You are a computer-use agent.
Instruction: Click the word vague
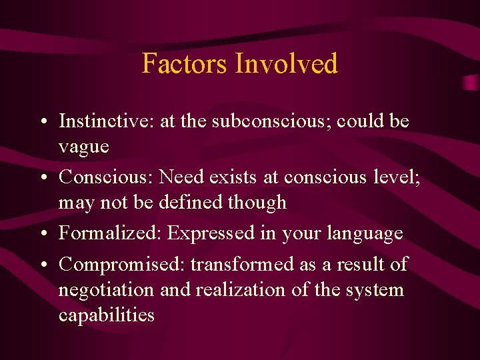[83, 146]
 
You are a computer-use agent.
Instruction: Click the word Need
[183, 177]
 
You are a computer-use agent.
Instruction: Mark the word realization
[229, 290]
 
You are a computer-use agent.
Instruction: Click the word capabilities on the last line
[106, 315]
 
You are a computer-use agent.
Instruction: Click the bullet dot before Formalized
[42, 234]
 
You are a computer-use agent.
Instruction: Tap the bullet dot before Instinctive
[42, 122]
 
